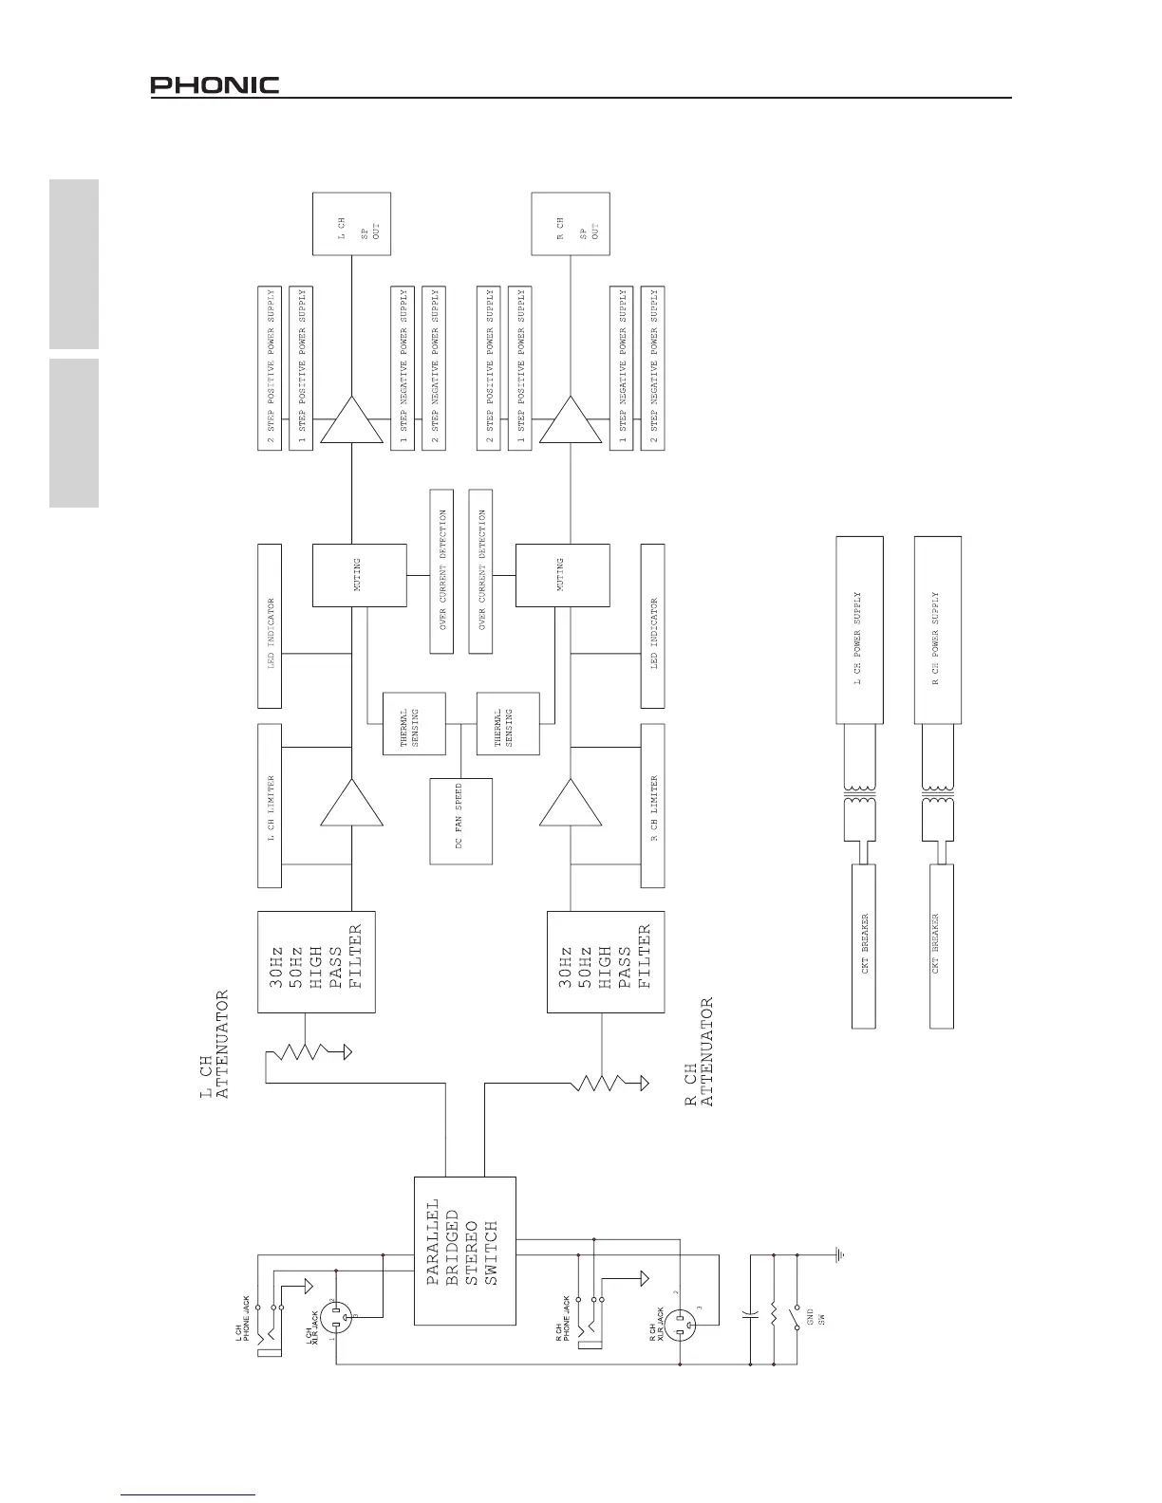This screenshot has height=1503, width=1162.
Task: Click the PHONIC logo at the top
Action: [x=215, y=85]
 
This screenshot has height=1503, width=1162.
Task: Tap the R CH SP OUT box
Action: [x=570, y=224]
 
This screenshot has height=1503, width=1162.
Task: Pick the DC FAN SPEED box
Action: [x=460, y=821]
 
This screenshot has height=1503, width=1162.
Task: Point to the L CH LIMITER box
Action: [x=270, y=806]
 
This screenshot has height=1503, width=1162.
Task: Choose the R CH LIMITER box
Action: [x=652, y=806]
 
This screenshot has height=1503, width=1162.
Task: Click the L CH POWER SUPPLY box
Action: [x=859, y=640]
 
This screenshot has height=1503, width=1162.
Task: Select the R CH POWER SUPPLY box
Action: [x=937, y=640]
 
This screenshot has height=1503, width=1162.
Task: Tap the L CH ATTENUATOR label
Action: [x=215, y=1045]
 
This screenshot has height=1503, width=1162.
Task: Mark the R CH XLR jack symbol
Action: [x=680, y=1325]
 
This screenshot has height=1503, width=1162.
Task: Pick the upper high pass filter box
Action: [x=316, y=962]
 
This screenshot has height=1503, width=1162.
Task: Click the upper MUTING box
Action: [x=360, y=575]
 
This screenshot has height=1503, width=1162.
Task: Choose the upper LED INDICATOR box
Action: [x=270, y=625]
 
